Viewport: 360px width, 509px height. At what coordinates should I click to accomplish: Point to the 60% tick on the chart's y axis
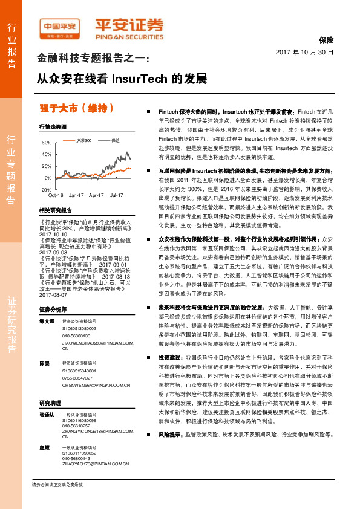tap(47, 143)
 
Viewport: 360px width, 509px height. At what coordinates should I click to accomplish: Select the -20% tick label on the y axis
tap(45, 190)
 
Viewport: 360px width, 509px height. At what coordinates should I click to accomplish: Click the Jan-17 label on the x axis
tap(76, 196)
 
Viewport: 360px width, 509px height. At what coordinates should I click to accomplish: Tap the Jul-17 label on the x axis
tap(117, 196)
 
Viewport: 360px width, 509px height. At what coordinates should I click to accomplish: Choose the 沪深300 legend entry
tap(83, 140)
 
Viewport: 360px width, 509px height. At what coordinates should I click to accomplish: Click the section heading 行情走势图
tap(52, 128)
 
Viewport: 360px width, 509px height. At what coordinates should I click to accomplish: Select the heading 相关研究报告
tap(55, 210)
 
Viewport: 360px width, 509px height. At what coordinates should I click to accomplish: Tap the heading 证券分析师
tap(52, 309)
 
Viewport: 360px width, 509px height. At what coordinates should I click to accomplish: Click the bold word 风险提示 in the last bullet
tap(171, 468)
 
